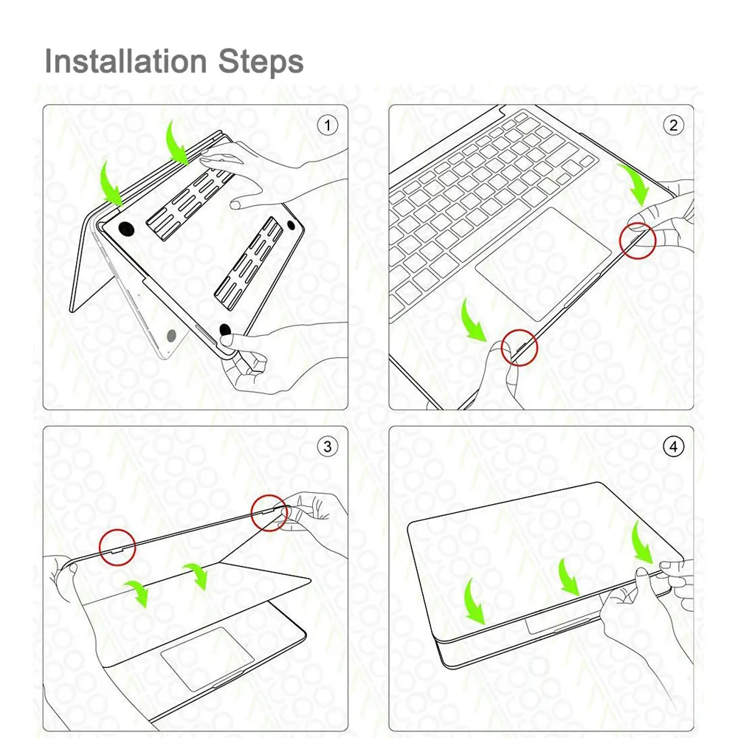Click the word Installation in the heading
pyautogui.click(x=125, y=62)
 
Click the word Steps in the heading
pyautogui.click(x=261, y=62)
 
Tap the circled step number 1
pyautogui.click(x=328, y=125)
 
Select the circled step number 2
pyautogui.click(x=674, y=125)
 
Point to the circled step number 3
pyautogui.click(x=328, y=446)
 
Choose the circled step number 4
pyautogui.click(x=674, y=446)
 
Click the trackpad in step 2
pyautogui.click(x=543, y=264)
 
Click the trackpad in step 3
pyautogui.click(x=207, y=658)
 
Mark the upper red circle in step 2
pyautogui.click(x=638, y=223)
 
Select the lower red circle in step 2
pyautogui.click(x=519, y=329)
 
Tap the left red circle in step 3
pyautogui.click(x=117, y=529)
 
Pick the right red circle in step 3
pyautogui.click(x=269, y=495)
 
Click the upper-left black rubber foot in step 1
pyautogui.click(x=126, y=230)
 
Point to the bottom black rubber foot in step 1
pyautogui.click(x=225, y=329)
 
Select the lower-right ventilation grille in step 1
pyautogui.click(x=250, y=263)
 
